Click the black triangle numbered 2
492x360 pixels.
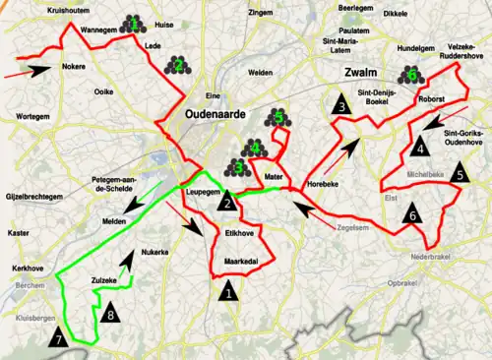[228, 202]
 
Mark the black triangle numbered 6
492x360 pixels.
[413, 213]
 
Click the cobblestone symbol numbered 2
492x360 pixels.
[178, 65]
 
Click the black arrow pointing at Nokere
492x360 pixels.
[39, 70]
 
